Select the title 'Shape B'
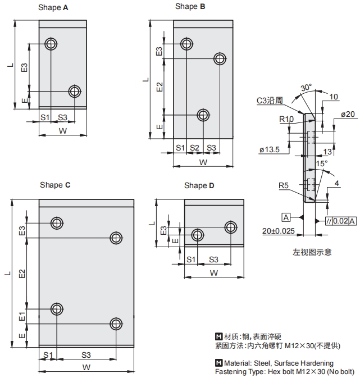pyautogui.click(x=190, y=7)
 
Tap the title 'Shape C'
pyautogui.click(x=55, y=185)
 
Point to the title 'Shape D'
pyautogui.click(x=199, y=185)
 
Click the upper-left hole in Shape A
pyautogui.click(x=51, y=44)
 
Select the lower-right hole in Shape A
pyautogui.click(x=75, y=91)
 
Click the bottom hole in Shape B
pyautogui.click(x=203, y=115)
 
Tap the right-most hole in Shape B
pyautogui.click(x=220, y=58)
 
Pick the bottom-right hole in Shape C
pyautogui.click(x=116, y=324)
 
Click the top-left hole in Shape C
pyautogui.click(x=57, y=223)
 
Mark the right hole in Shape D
pyautogui.click(x=231, y=227)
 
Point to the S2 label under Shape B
pyautogui.click(x=194, y=147)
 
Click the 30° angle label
pyautogui.click(x=306, y=88)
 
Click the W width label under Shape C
pyautogui.click(x=86, y=367)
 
